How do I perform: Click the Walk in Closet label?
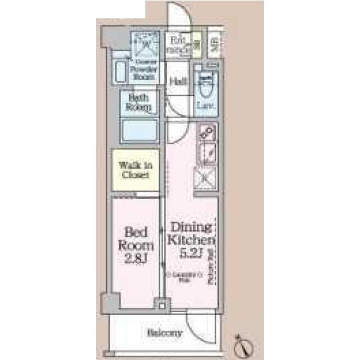point(134,170)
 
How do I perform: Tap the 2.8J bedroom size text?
point(137,259)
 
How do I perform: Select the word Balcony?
point(164,333)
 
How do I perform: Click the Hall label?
point(178,81)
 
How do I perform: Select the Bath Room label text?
point(139,102)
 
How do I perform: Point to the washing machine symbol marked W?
point(146,43)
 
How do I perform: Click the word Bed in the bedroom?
point(137,232)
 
